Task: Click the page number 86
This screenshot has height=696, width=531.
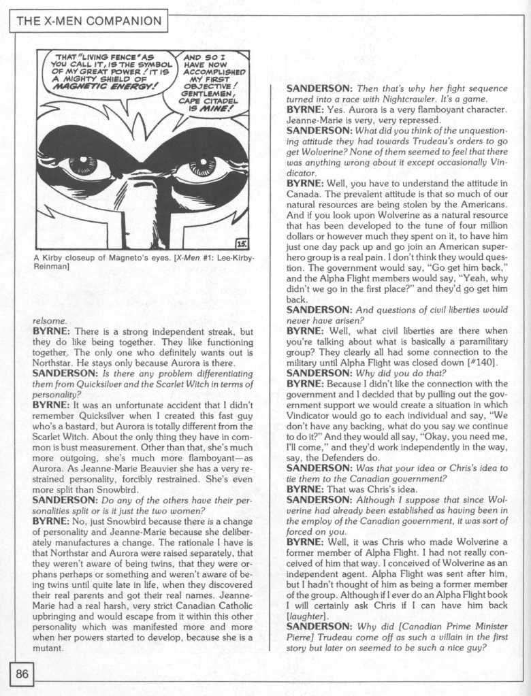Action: (22, 675)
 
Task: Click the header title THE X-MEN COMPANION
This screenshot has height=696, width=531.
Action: (88, 22)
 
